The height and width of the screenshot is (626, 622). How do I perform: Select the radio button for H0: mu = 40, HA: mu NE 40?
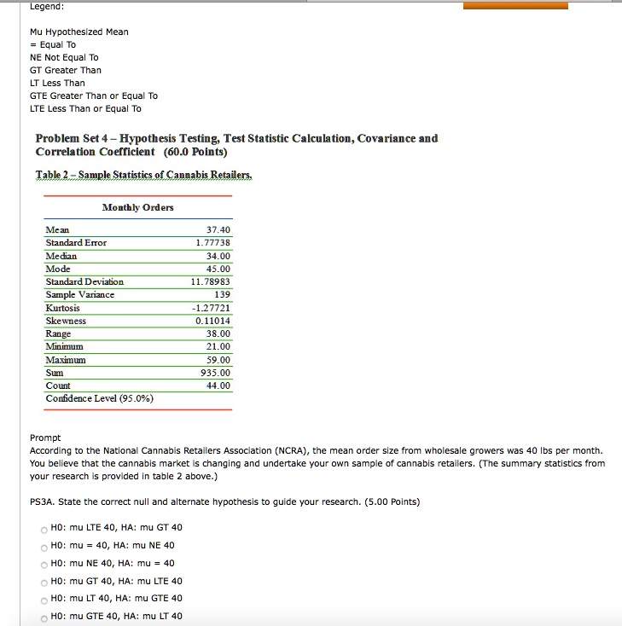pyautogui.click(x=42, y=545)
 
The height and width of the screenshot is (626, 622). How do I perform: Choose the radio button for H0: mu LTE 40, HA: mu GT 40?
pyautogui.click(x=42, y=527)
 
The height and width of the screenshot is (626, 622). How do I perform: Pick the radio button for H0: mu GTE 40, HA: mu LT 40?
pyautogui.click(x=42, y=616)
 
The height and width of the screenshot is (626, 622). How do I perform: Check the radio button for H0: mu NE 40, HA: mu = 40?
pyautogui.click(x=42, y=563)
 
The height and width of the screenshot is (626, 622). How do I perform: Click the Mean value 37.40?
pyautogui.click(x=218, y=230)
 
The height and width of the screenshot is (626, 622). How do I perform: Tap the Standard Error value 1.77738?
pyautogui.click(x=212, y=243)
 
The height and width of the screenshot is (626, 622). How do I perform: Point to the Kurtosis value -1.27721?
pyautogui.click(x=212, y=308)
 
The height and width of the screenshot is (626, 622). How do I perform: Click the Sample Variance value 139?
pyautogui.click(x=222, y=294)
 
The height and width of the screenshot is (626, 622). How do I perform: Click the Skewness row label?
pyautogui.click(x=66, y=321)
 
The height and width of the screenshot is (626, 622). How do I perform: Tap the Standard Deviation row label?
pyautogui.click(x=84, y=281)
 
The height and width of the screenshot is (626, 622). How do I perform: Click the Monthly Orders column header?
pyautogui.click(x=137, y=207)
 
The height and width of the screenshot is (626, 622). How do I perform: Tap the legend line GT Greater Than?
pyautogui.click(x=65, y=70)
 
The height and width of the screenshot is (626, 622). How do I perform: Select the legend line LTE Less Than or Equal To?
pyautogui.click(x=85, y=108)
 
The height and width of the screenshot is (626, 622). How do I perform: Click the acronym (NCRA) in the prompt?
pyautogui.click(x=288, y=450)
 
